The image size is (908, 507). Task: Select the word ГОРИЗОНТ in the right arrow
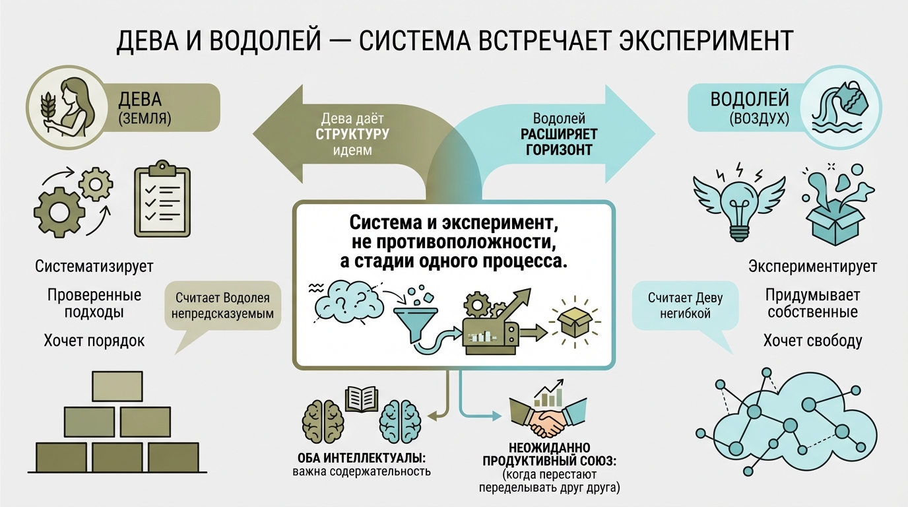[x=559, y=149]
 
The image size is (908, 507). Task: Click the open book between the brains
[x=362, y=398]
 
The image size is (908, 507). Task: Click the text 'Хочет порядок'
[x=94, y=341]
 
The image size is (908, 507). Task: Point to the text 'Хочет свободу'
[x=812, y=341]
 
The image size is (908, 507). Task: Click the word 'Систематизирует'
[x=94, y=267]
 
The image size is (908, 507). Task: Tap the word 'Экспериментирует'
[x=812, y=267]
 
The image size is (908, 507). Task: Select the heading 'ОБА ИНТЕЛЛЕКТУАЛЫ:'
[x=360, y=458]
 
